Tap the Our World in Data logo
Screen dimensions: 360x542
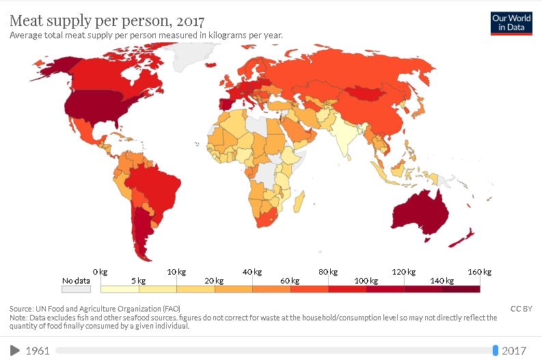coord(512,23)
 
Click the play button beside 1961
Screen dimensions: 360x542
coord(15,350)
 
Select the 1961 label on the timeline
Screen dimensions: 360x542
coord(38,350)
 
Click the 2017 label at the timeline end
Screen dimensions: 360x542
coord(514,350)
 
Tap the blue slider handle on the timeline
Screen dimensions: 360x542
coord(496,350)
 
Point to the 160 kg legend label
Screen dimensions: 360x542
coord(479,272)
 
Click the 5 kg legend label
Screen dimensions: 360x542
coord(139,281)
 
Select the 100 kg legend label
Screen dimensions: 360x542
coord(366,281)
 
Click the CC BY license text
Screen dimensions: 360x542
coord(521,309)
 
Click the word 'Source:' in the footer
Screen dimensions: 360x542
coord(21,309)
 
